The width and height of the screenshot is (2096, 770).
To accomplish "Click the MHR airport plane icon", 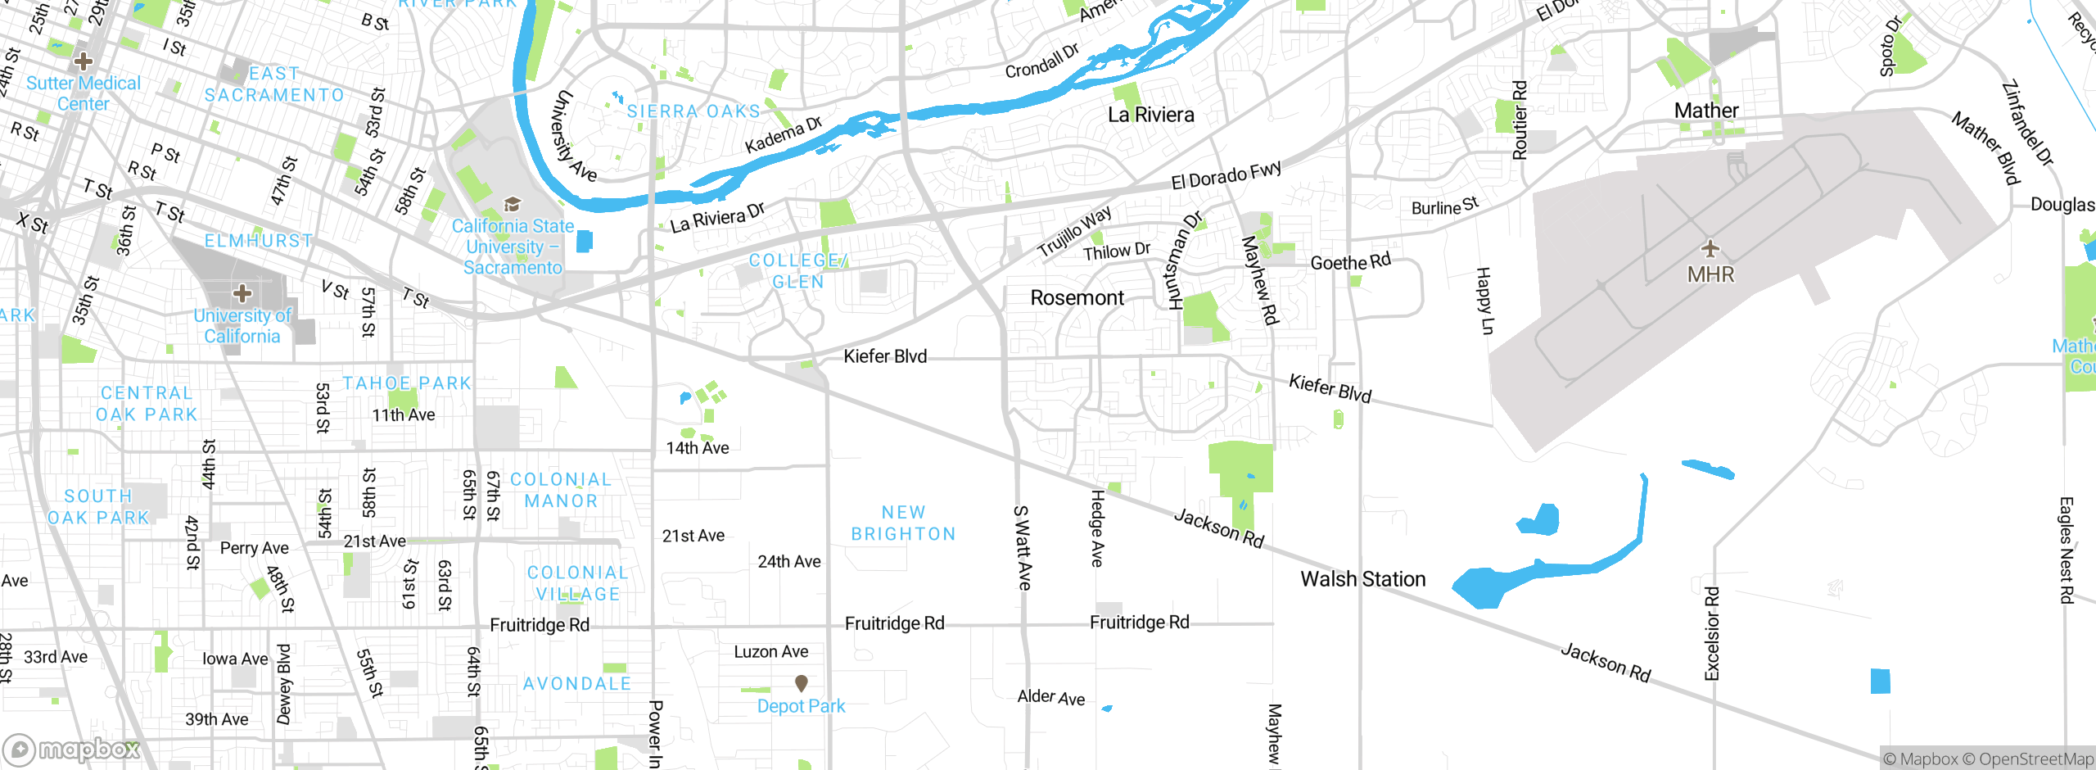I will click(x=1710, y=248).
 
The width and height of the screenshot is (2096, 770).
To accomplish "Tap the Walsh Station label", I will click(x=1362, y=579).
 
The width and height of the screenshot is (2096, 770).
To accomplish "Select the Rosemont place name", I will click(x=1077, y=298).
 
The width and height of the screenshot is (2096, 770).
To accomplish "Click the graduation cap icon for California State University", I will click(x=513, y=204).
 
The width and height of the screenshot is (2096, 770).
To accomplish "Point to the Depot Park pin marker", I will click(x=802, y=682).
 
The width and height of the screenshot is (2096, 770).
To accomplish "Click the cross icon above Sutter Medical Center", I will click(x=83, y=61).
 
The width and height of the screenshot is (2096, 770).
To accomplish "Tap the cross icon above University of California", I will click(x=242, y=293).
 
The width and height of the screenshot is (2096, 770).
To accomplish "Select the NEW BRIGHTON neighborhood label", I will click(x=903, y=523).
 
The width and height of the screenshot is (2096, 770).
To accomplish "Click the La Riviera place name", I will click(x=1150, y=115).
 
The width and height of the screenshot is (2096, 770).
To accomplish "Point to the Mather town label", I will click(x=1705, y=111).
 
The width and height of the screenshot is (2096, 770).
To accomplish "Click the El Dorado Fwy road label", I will click(x=1226, y=175).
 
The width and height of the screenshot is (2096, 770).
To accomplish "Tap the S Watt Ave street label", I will click(x=1022, y=548).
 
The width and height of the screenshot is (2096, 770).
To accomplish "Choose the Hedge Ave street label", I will click(x=1097, y=528).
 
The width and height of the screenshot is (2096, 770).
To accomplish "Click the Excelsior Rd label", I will click(x=1712, y=633).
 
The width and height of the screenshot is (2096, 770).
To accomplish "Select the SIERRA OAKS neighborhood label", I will click(x=693, y=111).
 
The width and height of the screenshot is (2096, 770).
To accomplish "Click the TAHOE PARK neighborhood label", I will click(x=407, y=383).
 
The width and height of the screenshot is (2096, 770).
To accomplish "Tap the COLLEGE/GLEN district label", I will click(x=797, y=271).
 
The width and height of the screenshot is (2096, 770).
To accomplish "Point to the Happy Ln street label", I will click(x=1484, y=301).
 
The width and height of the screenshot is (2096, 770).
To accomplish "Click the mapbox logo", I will click(x=72, y=750).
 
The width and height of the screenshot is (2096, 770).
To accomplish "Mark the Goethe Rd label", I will click(x=1350, y=262).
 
